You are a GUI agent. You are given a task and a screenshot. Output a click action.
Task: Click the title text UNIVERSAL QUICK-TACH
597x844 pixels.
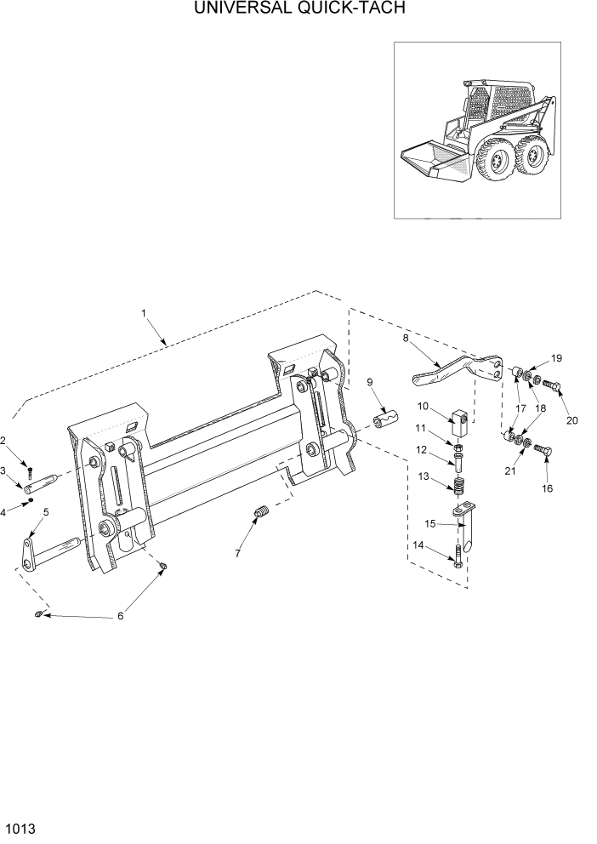(x=298, y=9)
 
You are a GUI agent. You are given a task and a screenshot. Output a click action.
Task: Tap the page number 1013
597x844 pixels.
(x=19, y=827)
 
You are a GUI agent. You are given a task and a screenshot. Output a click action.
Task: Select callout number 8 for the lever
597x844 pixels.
(x=406, y=338)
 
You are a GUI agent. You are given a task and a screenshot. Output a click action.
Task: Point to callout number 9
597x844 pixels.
(x=369, y=382)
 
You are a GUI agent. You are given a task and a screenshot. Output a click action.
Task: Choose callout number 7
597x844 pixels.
(x=237, y=553)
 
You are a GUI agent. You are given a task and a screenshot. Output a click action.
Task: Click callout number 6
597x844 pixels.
(x=120, y=615)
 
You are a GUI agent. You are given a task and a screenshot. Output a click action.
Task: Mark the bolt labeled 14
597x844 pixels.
(x=459, y=559)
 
